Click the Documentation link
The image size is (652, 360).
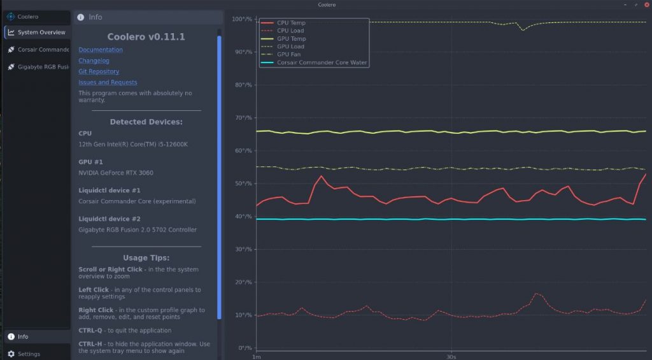click(101, 50)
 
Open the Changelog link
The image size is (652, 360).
click(94, 61)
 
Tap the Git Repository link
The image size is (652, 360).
click(99, 71)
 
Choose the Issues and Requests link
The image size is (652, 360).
click(108, 82)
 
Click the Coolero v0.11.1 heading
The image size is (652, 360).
click(146, 37)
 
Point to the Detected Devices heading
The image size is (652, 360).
click(146, 122)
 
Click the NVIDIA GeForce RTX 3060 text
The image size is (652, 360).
click(115, 173)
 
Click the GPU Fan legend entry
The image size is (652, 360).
click(288, 54)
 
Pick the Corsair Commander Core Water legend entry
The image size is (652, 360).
click(322, 62)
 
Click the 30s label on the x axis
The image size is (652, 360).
click(451, 356)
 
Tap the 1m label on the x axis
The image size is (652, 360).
click(256, 356)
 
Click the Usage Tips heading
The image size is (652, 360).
click(146, 258)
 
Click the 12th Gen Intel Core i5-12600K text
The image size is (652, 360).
click(132, 144)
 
